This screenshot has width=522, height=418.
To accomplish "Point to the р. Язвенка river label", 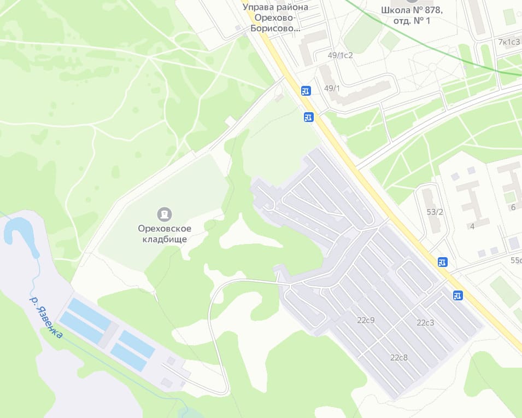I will coord(46,317).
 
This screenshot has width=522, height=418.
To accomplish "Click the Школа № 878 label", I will coord(412,15).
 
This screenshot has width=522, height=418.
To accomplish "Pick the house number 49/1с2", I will coord(340,55).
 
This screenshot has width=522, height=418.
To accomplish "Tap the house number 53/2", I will coord(435,212).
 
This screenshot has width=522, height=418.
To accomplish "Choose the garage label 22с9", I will coord(366,320).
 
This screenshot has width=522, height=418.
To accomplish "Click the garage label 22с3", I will coord(425,323).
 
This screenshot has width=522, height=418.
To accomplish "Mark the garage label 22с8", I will coord(399,358).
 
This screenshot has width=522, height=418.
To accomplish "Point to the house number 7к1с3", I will coord(509,42).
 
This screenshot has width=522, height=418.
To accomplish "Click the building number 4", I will coord(472,225).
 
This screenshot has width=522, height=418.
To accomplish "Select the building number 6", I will coord(513,207).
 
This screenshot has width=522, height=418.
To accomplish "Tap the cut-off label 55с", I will coord(515,260).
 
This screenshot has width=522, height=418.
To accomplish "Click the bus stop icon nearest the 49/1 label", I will coord(306,91).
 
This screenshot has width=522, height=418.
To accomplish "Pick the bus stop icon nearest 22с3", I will coord(458,295).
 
